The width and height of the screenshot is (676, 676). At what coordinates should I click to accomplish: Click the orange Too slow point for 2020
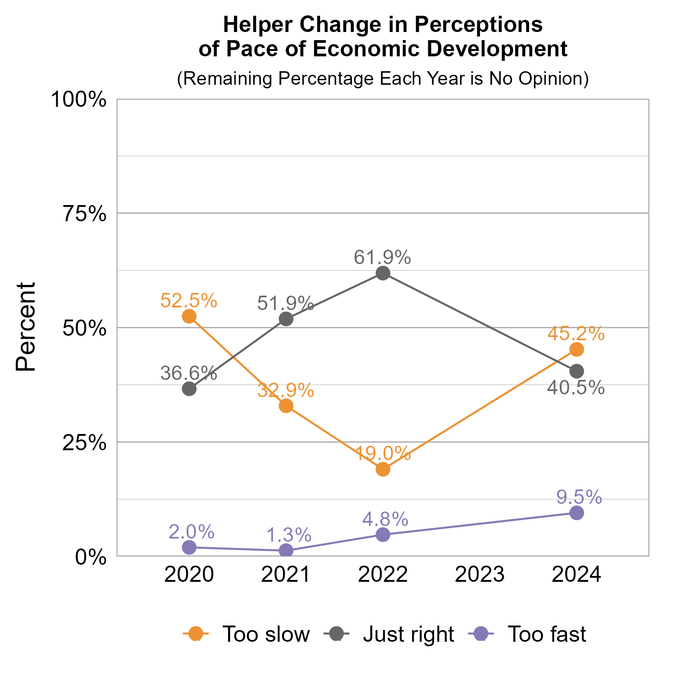click(x=189, y=316)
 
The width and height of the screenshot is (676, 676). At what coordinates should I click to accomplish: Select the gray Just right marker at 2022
click(x=383, y=273)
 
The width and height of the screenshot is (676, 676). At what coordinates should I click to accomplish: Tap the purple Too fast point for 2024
click(x=576, y=513)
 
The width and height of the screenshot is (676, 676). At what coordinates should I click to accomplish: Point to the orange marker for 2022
click(x=383, y=469)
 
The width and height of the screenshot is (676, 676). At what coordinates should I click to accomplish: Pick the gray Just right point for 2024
click(x=576, y=371)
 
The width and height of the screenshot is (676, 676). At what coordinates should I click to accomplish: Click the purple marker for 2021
click(x=286, y=550)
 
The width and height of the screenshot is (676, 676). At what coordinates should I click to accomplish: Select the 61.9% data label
click(x=382, y=257)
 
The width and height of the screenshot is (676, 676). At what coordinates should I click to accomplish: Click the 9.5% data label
click(x=579, y=497)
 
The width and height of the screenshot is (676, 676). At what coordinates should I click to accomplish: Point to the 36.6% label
click(x=189, y=374)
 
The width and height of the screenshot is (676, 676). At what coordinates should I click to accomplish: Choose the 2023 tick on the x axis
click(x=480, y=576)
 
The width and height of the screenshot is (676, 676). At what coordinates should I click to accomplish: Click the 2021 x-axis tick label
click(x=286, y=576)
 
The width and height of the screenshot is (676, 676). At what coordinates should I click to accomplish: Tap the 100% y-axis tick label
click(x=79, y=100)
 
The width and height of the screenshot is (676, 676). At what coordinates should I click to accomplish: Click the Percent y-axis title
click(x=26, y=327)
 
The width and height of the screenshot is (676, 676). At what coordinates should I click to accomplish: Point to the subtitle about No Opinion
click(x=383, y=78)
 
